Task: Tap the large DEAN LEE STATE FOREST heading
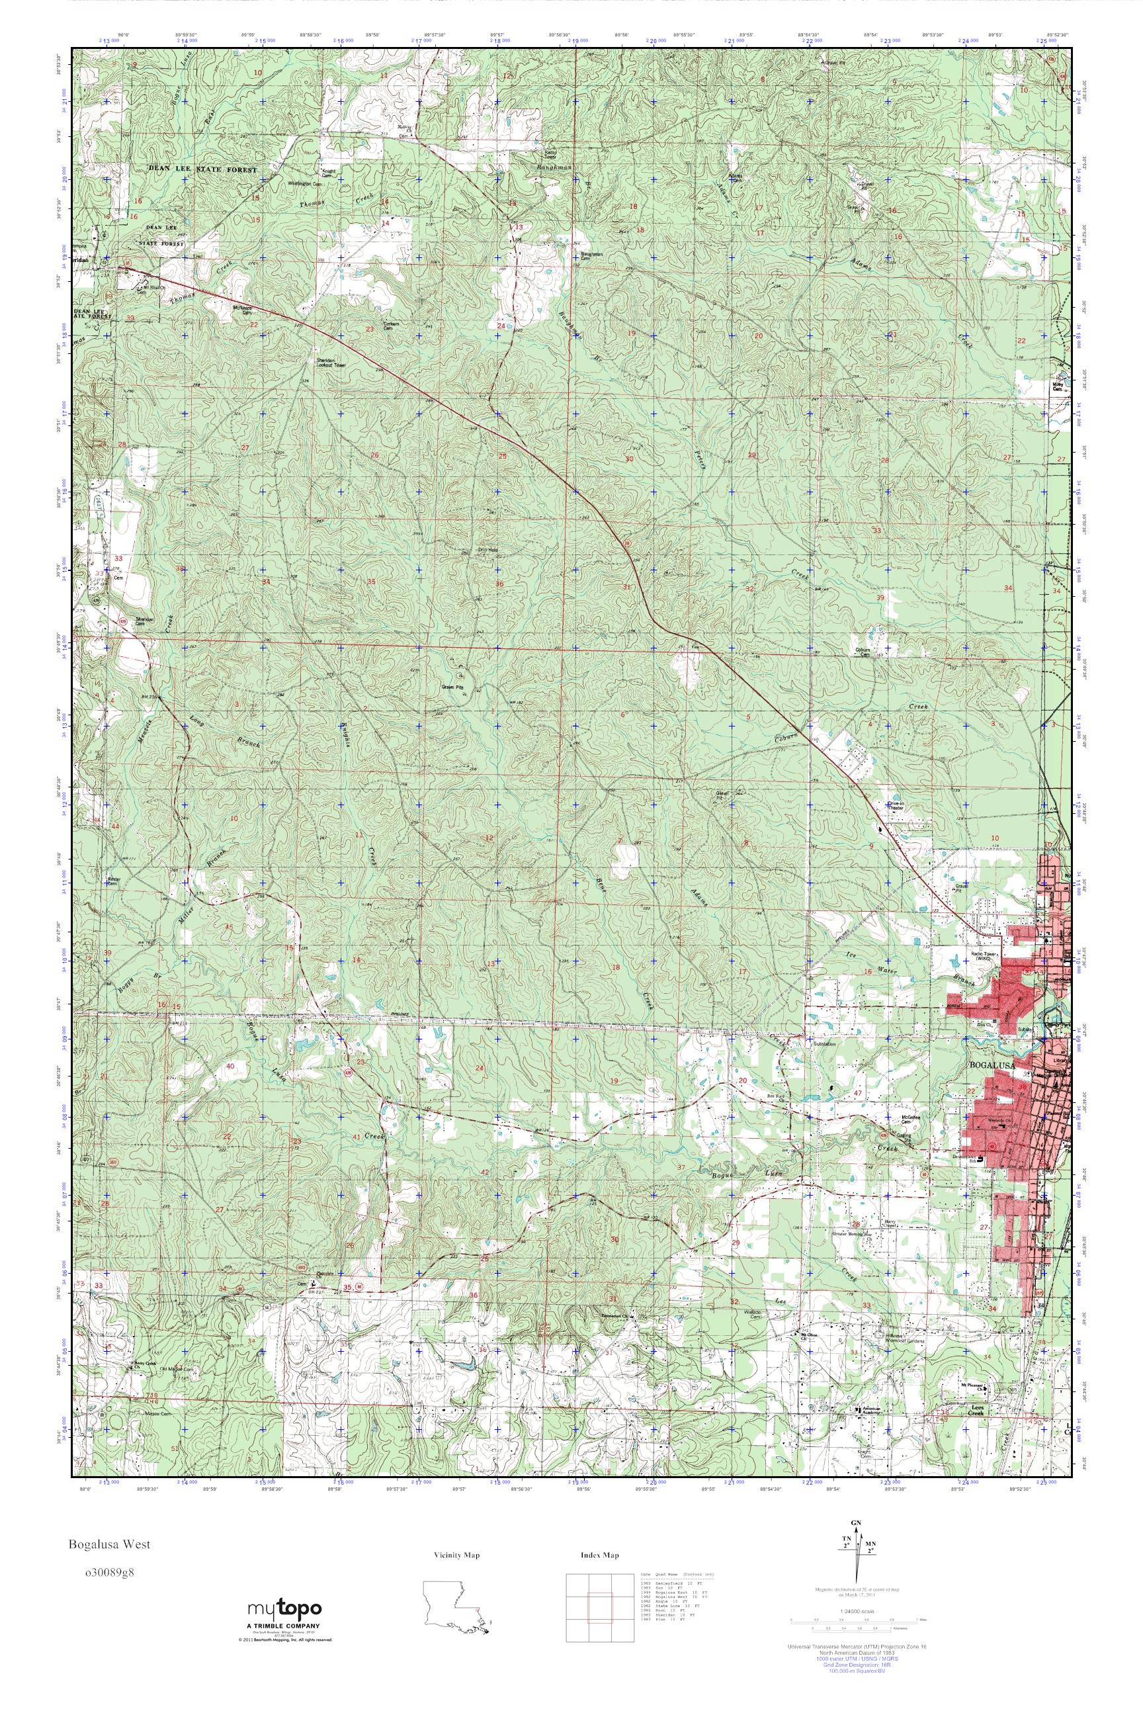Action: (x=202, y=169)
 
